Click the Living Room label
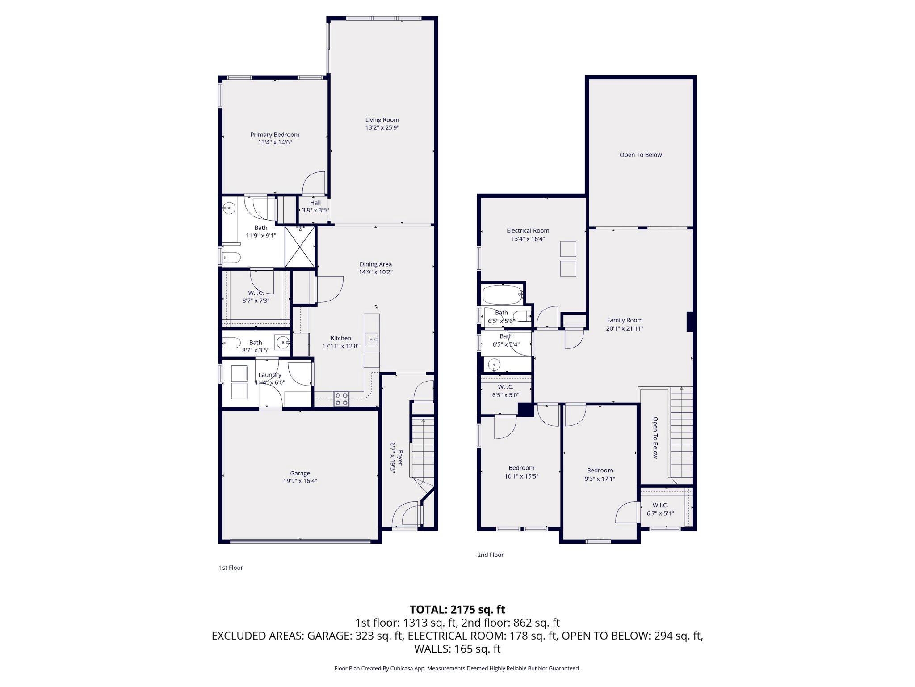click(382, 120)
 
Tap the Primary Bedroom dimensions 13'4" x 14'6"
click(275, 142)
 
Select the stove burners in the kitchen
click(341, 399)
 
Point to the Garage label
click(300, 473)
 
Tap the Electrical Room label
click(528, 231)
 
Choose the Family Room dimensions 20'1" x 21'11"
click(624, 328)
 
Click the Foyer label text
click(400, 458)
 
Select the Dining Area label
click(375, 264)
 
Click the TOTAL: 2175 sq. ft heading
click(457, 609)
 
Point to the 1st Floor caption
click(231, 568)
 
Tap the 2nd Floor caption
click(490, 555)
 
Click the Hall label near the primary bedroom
click(315, 203)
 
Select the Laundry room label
click(270, 375)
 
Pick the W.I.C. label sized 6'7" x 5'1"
click(660, 505)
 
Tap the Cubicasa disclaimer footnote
click(457, 668)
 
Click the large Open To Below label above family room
click(640, 155)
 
